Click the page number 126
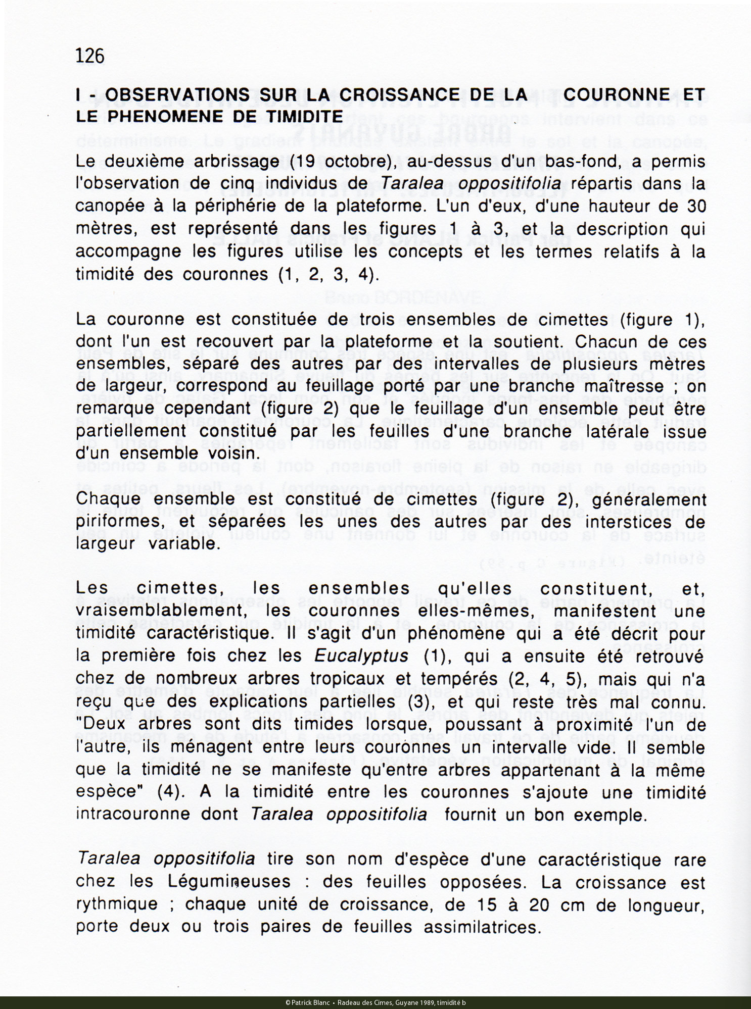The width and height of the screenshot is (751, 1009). click(90, 56)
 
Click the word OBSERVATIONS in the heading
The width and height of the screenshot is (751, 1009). click(177, 94)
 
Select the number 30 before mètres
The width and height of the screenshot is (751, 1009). click(695, 206)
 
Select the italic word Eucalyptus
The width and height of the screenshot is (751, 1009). click(361, 655)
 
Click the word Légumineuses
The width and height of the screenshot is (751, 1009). click(229, 881)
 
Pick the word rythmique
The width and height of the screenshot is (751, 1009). click(117, 904)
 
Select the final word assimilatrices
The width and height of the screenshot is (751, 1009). click(482, 927)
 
